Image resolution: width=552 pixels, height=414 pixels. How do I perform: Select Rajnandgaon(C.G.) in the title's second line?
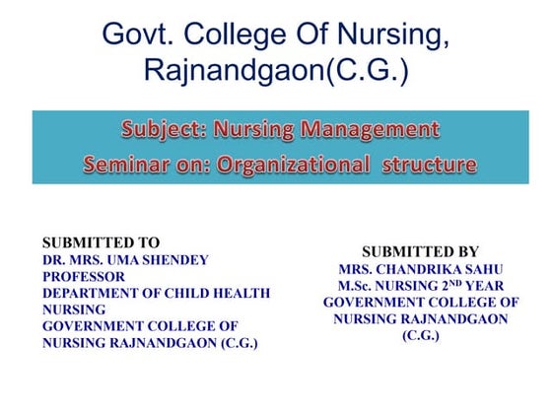pos(275,71)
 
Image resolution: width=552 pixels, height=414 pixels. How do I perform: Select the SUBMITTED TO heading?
pos(101,242)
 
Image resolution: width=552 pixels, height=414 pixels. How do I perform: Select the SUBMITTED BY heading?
pos(421,251)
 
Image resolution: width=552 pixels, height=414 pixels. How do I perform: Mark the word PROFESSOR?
pos(84,276)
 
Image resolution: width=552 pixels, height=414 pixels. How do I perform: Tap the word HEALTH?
pos(242,293)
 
